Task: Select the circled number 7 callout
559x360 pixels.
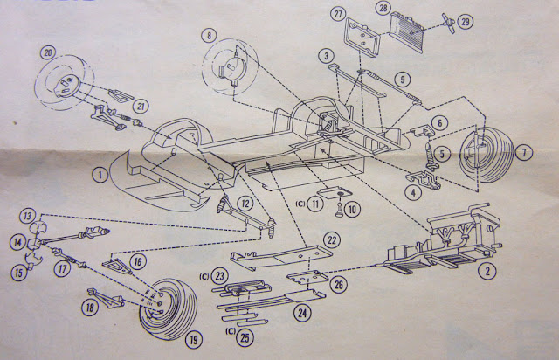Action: (x=524, y=154)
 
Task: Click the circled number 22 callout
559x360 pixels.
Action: (x=331, y=240)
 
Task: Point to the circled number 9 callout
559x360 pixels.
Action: (x=403, y=78)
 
